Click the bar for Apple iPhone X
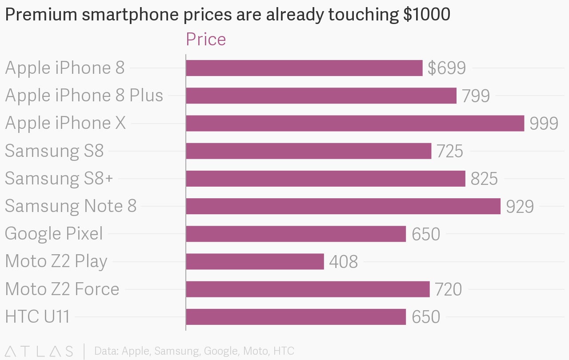pos(355,123)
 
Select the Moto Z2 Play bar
pos(255,261)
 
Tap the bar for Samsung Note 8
pos(343,206)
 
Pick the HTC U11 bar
pos(296,317)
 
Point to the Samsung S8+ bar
pos(325,179)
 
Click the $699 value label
pos(446,68)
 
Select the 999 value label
pos(544,123)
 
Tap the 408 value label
pos(343,262)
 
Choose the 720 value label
pos(448,289)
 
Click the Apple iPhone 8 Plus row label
pos(84,96)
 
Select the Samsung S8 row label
pos(54,151)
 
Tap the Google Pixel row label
pos(54,234)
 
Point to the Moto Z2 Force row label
pos(62,289)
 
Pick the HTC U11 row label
pos(37,317)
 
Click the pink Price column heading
pos(206,39)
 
